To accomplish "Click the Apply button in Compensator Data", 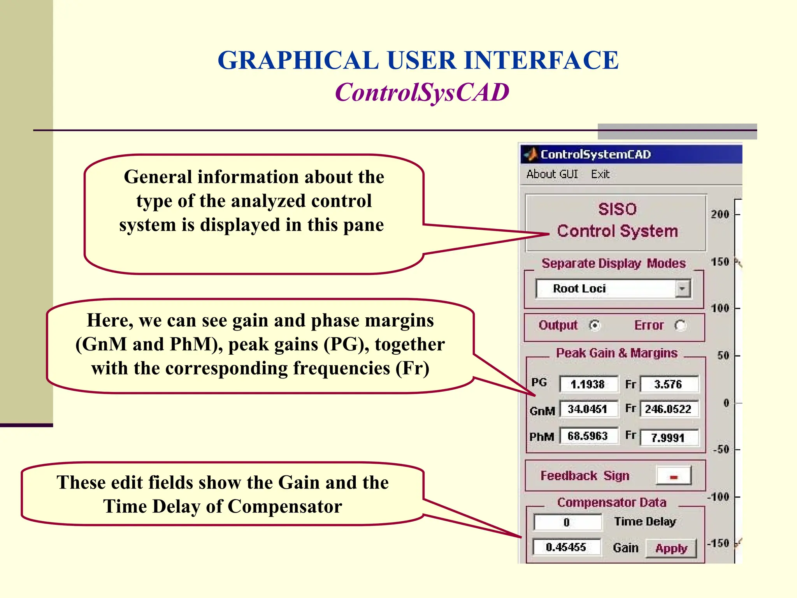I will pyautogui.click(x=671, y=549).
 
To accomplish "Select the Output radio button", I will pyautogui.click(x=595, y=325).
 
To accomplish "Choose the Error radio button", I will pyautogui.click(x=680, y=325).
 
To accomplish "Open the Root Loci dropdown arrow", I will pyautogui.click(x=682, y=289).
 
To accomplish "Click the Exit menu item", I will pyautogui.click(x=600, y=174).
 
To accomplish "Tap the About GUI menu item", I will pyautogui.click(x=552, y=174).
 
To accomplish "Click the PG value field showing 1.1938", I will pyautogui.click(x=588, y=384).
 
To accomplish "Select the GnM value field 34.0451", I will pyautogui.click(x=588, y=409).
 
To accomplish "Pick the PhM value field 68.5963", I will pyautogui.click(x=588, y=436).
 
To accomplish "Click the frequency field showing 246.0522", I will pyautogui.click(x=669, y=409).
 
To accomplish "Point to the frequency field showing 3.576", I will pyautogui.click(x=669, y=384).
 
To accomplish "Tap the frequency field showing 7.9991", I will pyautogui.click(x=669, y=438).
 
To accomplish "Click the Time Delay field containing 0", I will pyautogui.click(x=567, y=522).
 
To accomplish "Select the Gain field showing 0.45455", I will pyautogui.click(x=566, y=547).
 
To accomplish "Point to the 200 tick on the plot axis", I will pyautogui.click(x=720, y=214).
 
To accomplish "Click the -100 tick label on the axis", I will pyautogui.click(x=718, y=497).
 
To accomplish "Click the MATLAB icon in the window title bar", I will pyautogui.click(x=530, y=155).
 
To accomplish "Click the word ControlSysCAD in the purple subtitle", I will pyautogui.click(x=422, y=93).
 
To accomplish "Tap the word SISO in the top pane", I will pyautogui.click(x=617, y=209).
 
